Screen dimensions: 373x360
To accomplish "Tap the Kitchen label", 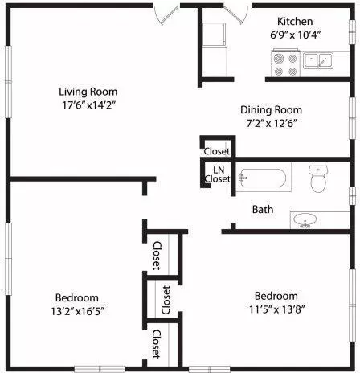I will (x=295, y=21).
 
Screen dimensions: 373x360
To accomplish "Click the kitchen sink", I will (x=319, y=59).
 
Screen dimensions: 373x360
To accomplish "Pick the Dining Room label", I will (x=271, y=109).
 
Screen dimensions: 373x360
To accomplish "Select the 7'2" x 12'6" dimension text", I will (x=271, y=124).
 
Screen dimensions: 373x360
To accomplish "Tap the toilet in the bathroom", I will (x=319, y=179).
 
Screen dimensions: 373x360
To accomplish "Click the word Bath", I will (x=263, y=209).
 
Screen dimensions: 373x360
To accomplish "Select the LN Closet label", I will (x=219, y=174).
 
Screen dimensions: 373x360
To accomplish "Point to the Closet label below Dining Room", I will (x=217, y=151).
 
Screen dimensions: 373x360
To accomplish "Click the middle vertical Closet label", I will (x=166, y=298).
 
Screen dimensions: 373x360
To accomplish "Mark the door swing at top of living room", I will (x=166, y=14).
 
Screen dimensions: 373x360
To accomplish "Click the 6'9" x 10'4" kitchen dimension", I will (x=295, y=35).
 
